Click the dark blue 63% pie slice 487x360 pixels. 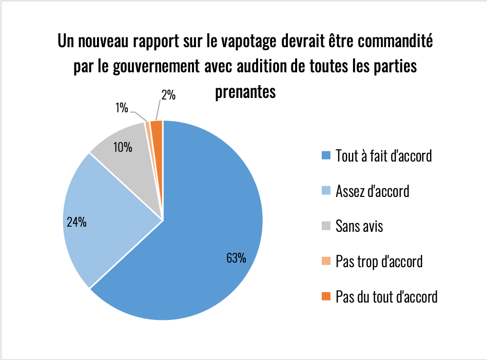pos(205,231)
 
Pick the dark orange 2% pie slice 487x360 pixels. pos(158,128)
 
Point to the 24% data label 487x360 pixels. pos(76,222)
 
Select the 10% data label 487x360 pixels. pos(123,148)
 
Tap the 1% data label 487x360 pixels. pos(122,107)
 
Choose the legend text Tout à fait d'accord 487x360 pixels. pos(384,155)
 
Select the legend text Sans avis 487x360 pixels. pos(359,226)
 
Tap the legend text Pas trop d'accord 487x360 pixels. pos(379,261)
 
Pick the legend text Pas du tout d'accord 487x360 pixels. pos(386,296)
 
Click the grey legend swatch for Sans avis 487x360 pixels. pos(326,226)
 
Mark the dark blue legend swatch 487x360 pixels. pos(326,155)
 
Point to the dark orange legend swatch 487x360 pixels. pos(326,296)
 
